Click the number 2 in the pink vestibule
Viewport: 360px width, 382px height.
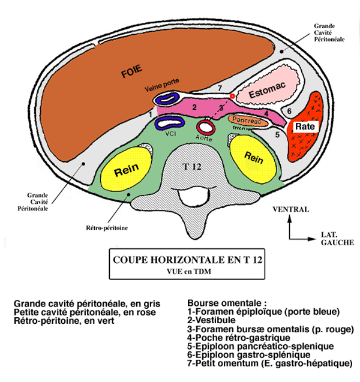(x=194, y=107)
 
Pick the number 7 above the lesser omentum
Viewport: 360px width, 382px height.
(x=220, y=89)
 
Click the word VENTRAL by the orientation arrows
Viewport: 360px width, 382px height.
(x=290, y=210)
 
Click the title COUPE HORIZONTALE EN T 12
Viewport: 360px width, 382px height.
(x=188, y=261)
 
